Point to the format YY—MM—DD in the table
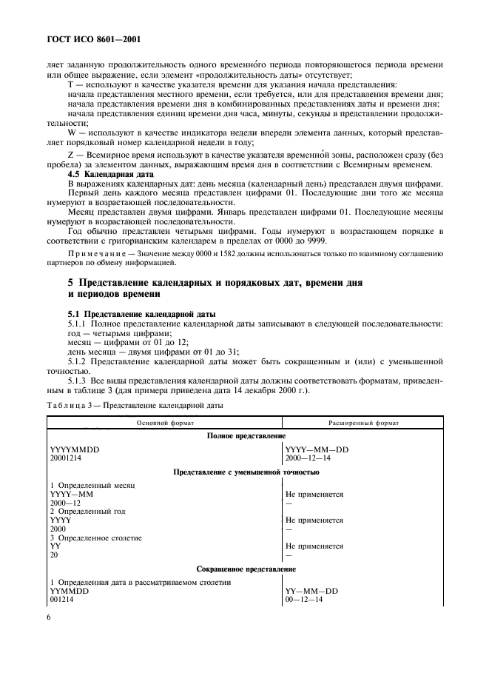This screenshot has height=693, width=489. coord(311,591)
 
